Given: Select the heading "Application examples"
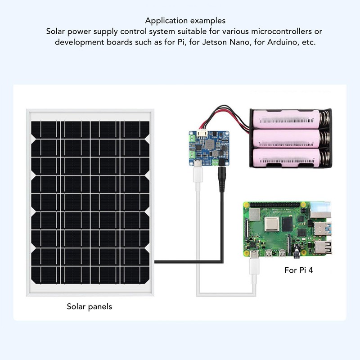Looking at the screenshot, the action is pyautogui.click(x=185, y=21).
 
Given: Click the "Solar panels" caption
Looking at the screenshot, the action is pyautogui.click(x=89, y=306).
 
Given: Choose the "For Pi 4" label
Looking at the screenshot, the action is pyautogui.click(x=298, y=270).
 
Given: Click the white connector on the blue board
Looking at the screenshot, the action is pyautogui.click(x=203, y=134).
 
